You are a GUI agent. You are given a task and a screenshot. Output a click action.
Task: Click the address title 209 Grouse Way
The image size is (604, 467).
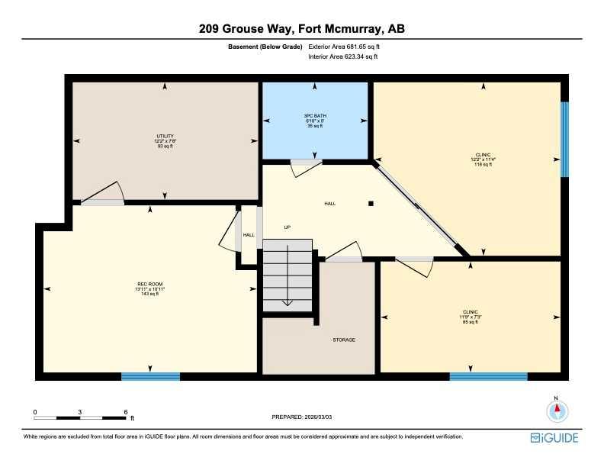[301, 30]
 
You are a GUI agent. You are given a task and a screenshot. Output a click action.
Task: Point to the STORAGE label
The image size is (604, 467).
[343, 340]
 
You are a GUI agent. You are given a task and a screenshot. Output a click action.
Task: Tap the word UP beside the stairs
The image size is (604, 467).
[288, 227]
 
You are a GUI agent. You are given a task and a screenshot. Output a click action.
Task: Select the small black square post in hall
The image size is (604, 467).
[371, 204]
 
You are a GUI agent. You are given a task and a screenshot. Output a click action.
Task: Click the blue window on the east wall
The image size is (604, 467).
[564, 140]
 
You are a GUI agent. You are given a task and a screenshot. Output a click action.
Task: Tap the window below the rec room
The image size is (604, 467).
[150, 376]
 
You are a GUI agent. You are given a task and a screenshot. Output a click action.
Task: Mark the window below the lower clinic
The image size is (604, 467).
[488, 376]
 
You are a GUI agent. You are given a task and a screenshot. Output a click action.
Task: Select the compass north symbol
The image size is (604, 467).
[557, 411]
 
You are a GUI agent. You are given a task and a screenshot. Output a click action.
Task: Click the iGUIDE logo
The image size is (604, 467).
[554, 438]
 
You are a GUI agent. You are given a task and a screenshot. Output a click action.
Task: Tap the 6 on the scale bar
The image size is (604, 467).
[126, 412]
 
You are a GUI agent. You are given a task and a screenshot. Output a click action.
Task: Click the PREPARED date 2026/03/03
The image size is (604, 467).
[303, 417]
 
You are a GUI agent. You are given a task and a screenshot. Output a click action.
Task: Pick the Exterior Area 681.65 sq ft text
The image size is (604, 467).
[343, 47]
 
